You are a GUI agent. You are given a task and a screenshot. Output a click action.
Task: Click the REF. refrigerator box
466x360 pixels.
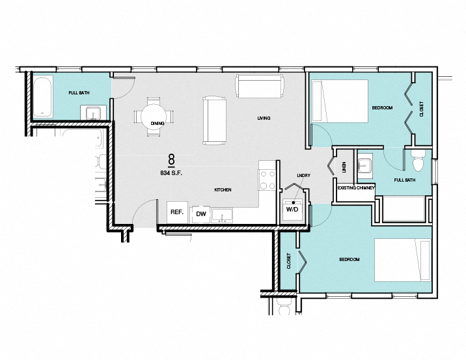click(x=176, y=212)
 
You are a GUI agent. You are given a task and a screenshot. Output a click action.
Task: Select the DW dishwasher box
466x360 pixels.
click(x=201, y=214)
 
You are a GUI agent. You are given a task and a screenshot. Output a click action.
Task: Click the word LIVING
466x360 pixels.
click(x=264, y=118)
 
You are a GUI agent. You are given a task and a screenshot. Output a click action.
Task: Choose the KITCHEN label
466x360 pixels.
click(x=223, y=189)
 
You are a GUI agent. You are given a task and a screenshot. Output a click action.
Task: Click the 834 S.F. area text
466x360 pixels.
click(x=171, y=173)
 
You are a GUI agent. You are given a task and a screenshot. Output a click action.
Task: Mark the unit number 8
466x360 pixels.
click(x=171, y=159)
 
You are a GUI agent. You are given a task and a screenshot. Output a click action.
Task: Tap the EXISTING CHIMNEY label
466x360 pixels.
click(x=356, y=188)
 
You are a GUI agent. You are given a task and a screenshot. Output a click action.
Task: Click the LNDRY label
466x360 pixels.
click(x=303, y=176)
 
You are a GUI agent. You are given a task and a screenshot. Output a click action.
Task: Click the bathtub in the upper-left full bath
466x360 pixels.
click(x=42, y=96)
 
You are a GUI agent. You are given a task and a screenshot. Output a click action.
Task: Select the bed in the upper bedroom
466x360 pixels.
click(x=339, y=100)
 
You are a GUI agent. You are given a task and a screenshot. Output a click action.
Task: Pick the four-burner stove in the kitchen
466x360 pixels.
click(x=267, y=179)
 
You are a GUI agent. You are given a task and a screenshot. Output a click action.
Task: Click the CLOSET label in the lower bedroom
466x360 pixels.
click(x=289, y=261)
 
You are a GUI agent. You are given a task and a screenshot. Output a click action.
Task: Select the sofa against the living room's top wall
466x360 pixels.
click(x=260, y=85)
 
